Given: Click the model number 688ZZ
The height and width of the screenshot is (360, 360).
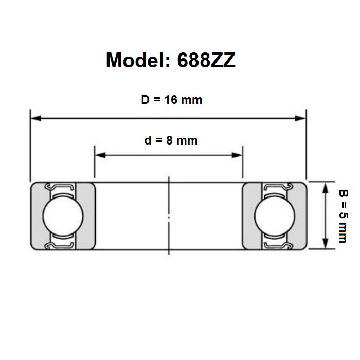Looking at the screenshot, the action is (x=206, y=60).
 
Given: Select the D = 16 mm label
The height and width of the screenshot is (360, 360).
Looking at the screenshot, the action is (x=171, y=100).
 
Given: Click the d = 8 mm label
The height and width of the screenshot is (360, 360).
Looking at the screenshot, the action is (x=171, y=140).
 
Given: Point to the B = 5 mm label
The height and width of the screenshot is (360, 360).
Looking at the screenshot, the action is (x=344, y=216).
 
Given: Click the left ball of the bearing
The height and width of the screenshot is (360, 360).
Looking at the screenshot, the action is (x=63, y=216).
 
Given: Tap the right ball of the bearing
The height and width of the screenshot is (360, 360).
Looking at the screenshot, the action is (x=275, y=216).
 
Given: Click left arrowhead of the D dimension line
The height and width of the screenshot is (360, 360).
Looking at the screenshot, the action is (x=36, y=118).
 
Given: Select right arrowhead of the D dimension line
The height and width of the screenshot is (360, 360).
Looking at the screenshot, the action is (x=300, y=118).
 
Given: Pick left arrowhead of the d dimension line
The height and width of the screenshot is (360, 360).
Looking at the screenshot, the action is (x=100, y=155).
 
